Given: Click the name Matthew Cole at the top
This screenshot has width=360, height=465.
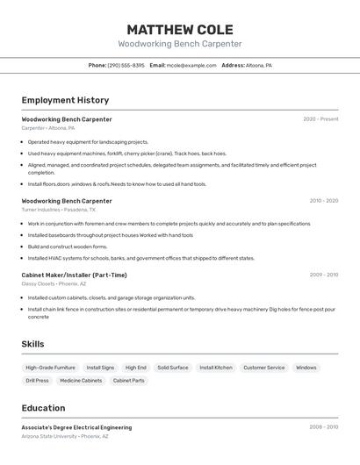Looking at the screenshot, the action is (x=180, y=30).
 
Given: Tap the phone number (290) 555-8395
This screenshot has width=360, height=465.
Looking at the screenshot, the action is (x=126, y=65).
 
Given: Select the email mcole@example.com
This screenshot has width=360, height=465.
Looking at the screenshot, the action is (x=191, y=65).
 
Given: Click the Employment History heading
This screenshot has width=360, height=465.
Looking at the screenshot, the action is (x=65, y=100).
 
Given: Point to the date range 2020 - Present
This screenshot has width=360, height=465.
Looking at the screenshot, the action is (x=320, y=119).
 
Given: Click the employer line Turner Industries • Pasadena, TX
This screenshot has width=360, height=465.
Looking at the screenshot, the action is (x=59, y=210).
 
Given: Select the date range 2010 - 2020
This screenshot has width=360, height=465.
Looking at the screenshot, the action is (x=323, y=201).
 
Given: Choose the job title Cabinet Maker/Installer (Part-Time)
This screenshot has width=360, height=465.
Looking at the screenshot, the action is (x=75, y=275).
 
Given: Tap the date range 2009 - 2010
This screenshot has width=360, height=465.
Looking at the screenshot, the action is (x=323, y=275).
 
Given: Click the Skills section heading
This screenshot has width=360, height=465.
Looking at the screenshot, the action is (x=32, y=344).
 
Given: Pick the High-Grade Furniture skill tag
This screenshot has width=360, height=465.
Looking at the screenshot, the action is (x=50, y=368).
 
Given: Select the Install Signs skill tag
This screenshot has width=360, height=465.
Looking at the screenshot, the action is (x=100, y=368).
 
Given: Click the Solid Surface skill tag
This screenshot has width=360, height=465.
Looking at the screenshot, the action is (x=172, y=368).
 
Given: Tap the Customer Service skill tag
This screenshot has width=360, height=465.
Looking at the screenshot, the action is (x=263, y=368).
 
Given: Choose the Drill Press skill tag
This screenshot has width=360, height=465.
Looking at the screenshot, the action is (x=37, y=381).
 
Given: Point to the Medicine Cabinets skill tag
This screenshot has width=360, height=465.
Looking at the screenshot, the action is (x=81, y=381).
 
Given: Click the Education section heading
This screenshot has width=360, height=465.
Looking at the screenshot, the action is (x=43, y=408).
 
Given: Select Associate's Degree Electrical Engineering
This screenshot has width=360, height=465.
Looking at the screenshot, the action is (x=76, y=427).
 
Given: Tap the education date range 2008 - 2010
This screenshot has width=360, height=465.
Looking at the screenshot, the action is (x=323, y=427).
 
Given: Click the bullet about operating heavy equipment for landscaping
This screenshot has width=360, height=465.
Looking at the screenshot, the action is (x=88, y=141).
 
